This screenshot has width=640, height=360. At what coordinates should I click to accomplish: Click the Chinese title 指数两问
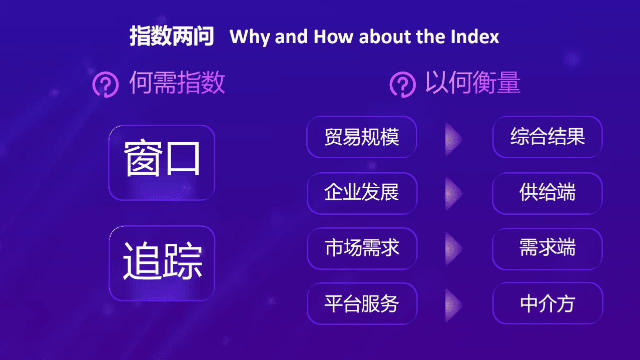click(172, 37)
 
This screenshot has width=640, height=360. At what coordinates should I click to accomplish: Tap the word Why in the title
click(250, 38)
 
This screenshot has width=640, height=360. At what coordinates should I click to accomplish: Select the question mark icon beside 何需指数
click(106, 85)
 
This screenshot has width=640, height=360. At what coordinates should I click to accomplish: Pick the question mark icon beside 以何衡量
click(403, 85)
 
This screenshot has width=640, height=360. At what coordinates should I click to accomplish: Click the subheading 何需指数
click(177, 83)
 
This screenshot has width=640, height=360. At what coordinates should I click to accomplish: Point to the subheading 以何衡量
click(473, 83)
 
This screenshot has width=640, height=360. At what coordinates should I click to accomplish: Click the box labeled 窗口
click(162, 162)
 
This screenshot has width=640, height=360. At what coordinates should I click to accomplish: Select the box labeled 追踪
click(162, 263)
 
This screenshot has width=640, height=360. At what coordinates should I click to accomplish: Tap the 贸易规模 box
click(362, 137)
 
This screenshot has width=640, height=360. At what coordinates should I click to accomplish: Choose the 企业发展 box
click(362, 193)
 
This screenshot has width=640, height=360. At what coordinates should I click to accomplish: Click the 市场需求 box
click(362, 248)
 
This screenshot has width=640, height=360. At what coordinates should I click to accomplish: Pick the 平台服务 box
click(362, 303)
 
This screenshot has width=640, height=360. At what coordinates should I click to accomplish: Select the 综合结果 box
click(547, 137)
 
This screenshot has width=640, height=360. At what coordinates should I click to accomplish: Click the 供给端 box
click(547, 193)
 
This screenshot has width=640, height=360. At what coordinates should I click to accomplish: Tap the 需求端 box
click(547, 249)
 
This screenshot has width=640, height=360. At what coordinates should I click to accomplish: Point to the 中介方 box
click(548, 303)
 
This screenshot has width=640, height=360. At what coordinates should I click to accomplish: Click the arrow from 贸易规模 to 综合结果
click(453, 139)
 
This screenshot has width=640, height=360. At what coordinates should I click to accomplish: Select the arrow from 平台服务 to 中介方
click(453, 305)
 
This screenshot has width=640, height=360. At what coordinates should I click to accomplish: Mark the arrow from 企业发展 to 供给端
click(453, 194)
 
